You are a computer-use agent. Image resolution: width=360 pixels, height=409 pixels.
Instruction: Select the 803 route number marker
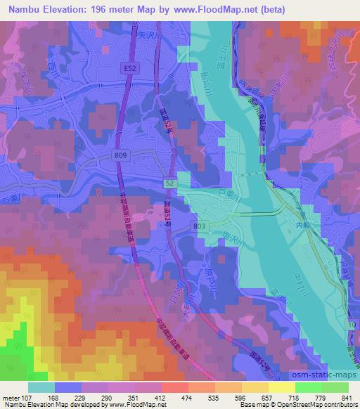point(200,225)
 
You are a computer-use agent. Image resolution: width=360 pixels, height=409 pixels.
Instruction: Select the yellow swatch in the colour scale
point(281,387)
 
